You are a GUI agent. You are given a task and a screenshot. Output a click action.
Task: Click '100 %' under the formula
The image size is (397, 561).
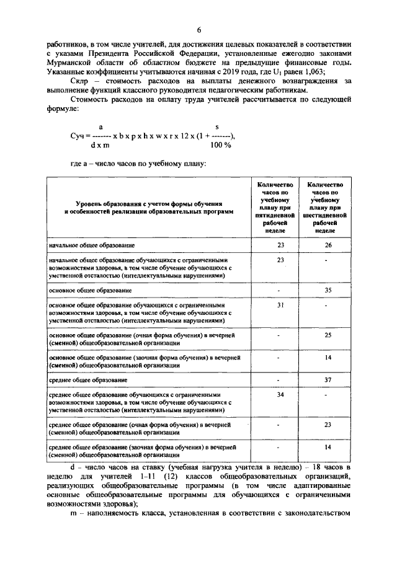(220, 144)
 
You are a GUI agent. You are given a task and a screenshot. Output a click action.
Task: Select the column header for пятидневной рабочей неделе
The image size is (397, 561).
(280, 207)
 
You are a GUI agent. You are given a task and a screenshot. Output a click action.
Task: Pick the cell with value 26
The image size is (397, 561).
(329, 245)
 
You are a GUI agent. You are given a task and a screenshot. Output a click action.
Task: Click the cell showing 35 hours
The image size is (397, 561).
(329, 289)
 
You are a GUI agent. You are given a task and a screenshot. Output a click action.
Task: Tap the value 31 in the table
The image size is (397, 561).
(280, 305)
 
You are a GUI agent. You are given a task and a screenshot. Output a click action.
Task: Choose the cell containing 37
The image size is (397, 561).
(329, 379)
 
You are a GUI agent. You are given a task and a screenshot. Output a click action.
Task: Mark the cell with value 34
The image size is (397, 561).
(280, 394)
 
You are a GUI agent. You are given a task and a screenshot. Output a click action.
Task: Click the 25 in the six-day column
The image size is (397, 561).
(329, 335)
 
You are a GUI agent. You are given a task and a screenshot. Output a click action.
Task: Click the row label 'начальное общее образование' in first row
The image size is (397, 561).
(92, 245)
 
